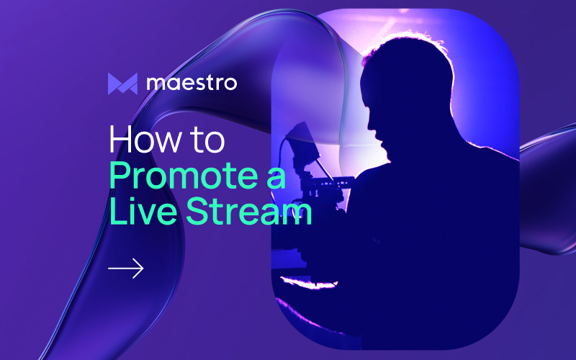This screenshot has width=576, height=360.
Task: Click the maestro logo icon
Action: (x=122, y=84)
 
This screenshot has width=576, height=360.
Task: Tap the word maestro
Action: (x=192, y=84)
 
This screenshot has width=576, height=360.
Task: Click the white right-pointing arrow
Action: (x=126, y=269)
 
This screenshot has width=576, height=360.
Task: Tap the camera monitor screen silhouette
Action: (x=302, y=144)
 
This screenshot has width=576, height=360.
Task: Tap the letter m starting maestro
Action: (x=156, y=84)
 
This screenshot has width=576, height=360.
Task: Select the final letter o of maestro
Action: (x=230, y=84)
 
